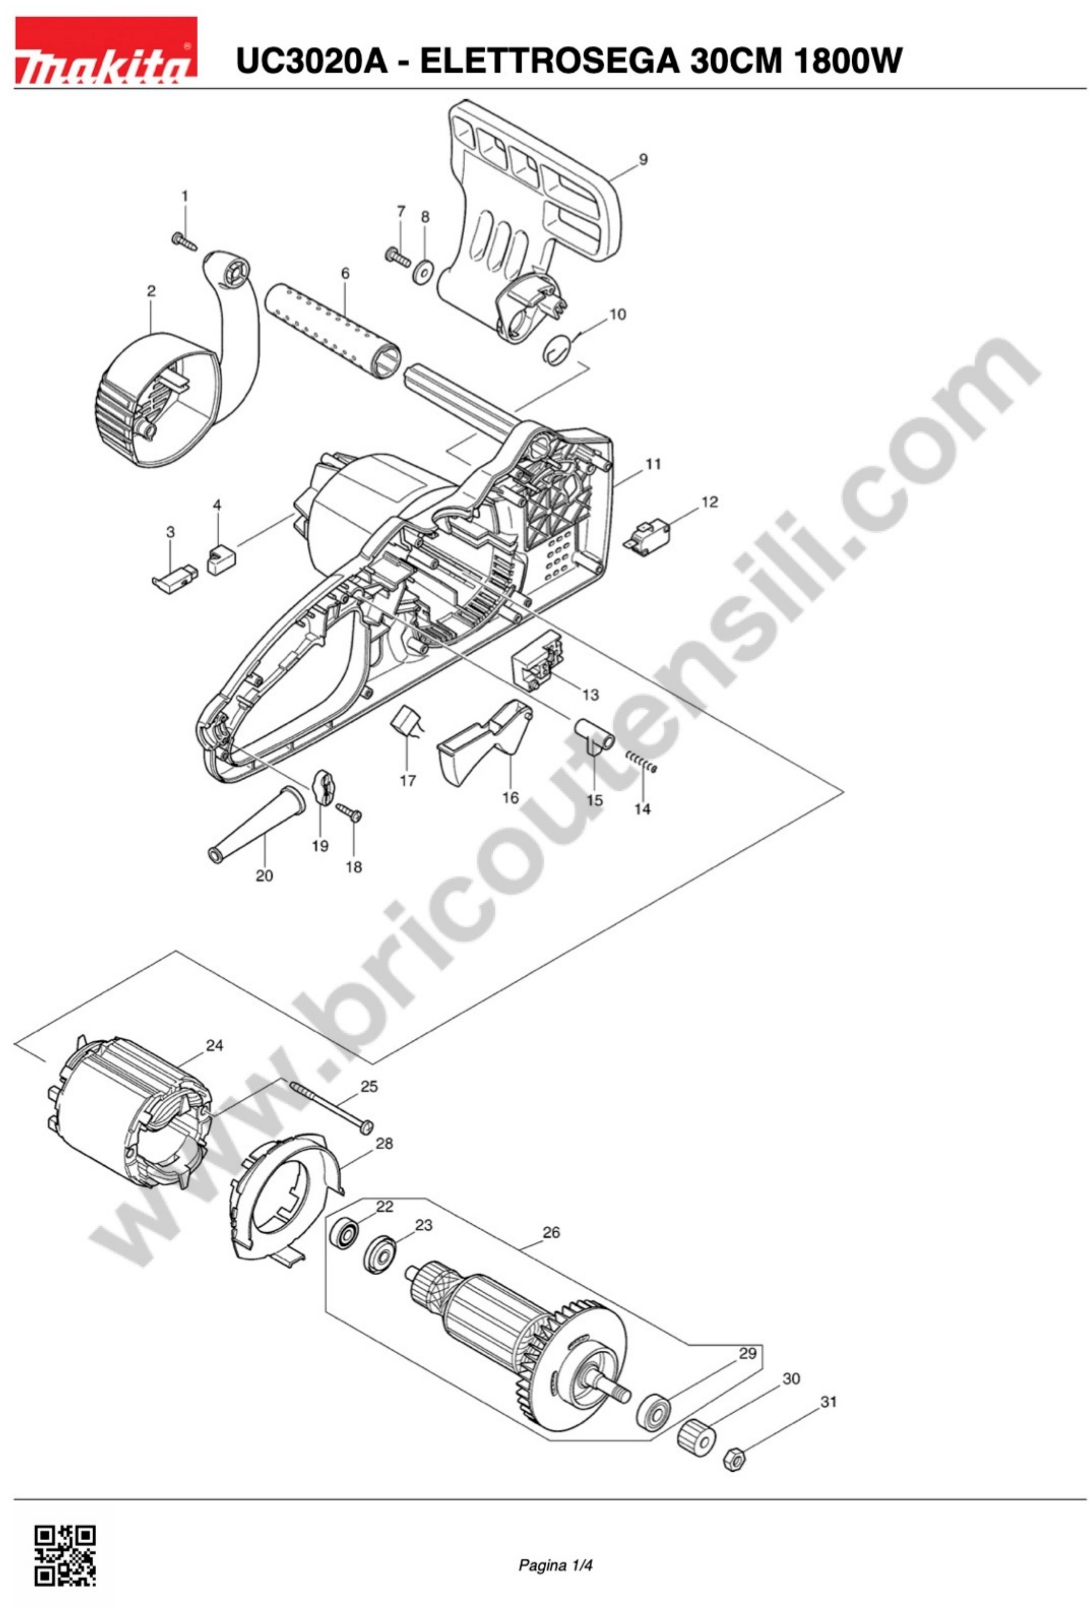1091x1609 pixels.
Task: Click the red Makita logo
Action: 105,50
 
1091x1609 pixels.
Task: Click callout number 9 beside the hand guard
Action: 643,159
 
